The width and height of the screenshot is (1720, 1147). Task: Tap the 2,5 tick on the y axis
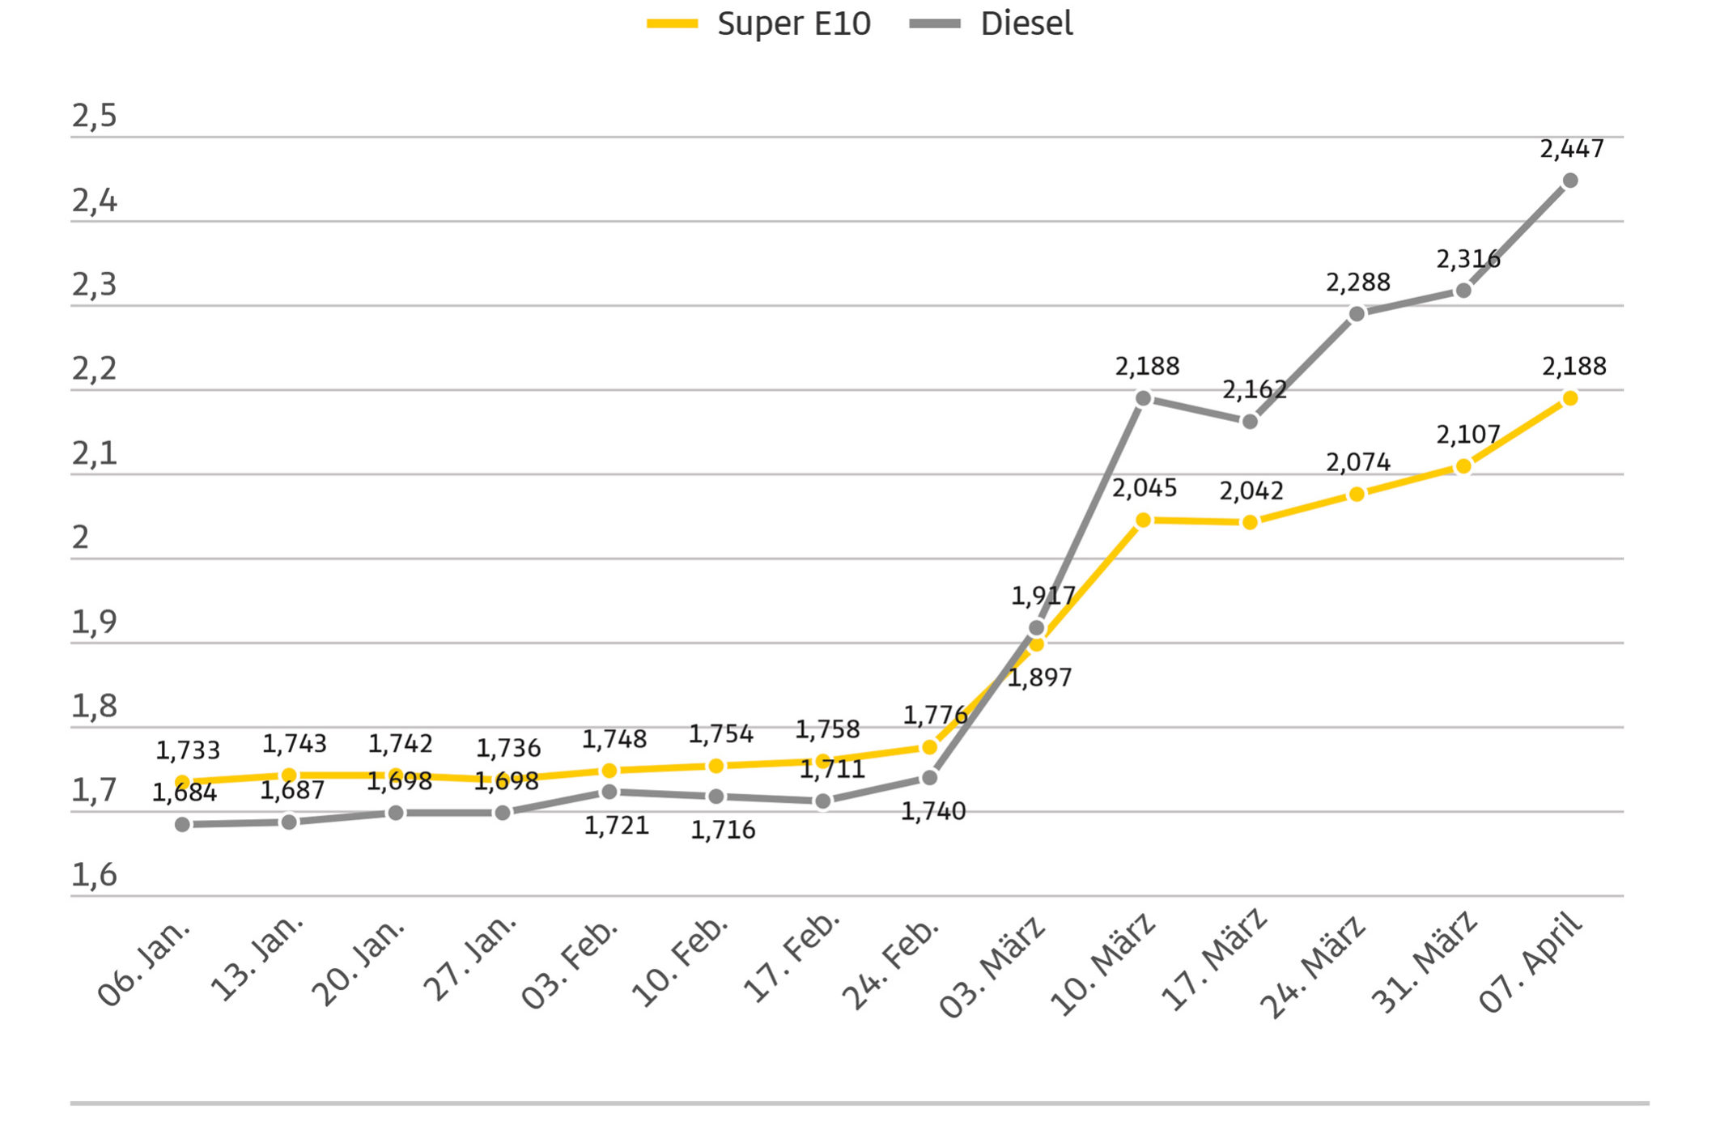pyautogui.click(x=94, y=117)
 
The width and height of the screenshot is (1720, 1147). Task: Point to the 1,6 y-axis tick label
pyautogui.click(x=94, y=875)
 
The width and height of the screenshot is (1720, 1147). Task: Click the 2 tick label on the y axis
pyautogui.click(x=80, y=537)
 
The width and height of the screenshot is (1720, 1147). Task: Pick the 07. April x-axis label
pyautogui.click(x=1530, y=962)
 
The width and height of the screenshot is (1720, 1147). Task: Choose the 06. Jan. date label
pyautogui.click(x=145, y=962)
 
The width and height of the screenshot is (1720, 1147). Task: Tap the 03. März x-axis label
pyautogui.click(x=992, y=966)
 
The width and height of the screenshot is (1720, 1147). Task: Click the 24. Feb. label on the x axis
pyautogui.click(x=891, y=963)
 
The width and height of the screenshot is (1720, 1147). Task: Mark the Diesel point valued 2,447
pyautogui.click(x=1570, y=181)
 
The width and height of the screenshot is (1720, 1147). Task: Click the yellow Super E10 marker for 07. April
pyautogui.click(x=1570, y=398)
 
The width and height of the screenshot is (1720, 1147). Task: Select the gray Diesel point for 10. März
pyautogui.click(x=1143, y=398)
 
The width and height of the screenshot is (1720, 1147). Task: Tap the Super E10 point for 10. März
pyautogui.click(x=1143, y=520)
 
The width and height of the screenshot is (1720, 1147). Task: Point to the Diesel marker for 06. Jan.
pyautogui.click(x=183, y=824)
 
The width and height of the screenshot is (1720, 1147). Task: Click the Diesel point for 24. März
pyautogui.click(x=1357, y=314)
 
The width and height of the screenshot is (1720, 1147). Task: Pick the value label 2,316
pyautogui.click(x=1467, y=260)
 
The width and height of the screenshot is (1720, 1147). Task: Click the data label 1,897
pyautogui.click(x=1039, y=678)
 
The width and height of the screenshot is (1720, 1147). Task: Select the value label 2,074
pyautogui.click(x=1357, y=462)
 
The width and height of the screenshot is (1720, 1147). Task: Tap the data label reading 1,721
pyautogui.click(x=616, y=826)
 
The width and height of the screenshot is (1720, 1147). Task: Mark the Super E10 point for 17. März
pyautogui.click(x=1250, y=523)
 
